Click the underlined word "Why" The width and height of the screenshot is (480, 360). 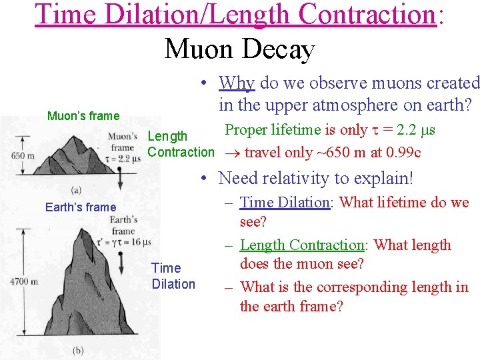pos(237,83)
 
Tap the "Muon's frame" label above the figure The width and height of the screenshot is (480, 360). pos(83,116)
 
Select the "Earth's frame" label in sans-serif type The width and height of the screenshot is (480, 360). pos(81,207)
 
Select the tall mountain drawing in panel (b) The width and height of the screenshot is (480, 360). pos(70,293)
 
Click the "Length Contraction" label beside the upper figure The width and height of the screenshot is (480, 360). pos(181,144)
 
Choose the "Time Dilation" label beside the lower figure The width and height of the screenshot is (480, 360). pos(173,276)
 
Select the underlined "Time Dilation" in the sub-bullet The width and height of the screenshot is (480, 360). pos(285,203)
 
